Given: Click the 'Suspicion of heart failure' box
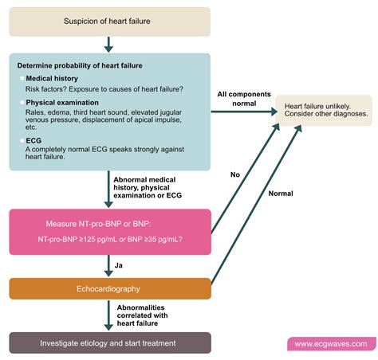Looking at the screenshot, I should point(110,22).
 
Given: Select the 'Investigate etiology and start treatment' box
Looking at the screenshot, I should point(110,342).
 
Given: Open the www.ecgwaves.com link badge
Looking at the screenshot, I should point(330,344).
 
